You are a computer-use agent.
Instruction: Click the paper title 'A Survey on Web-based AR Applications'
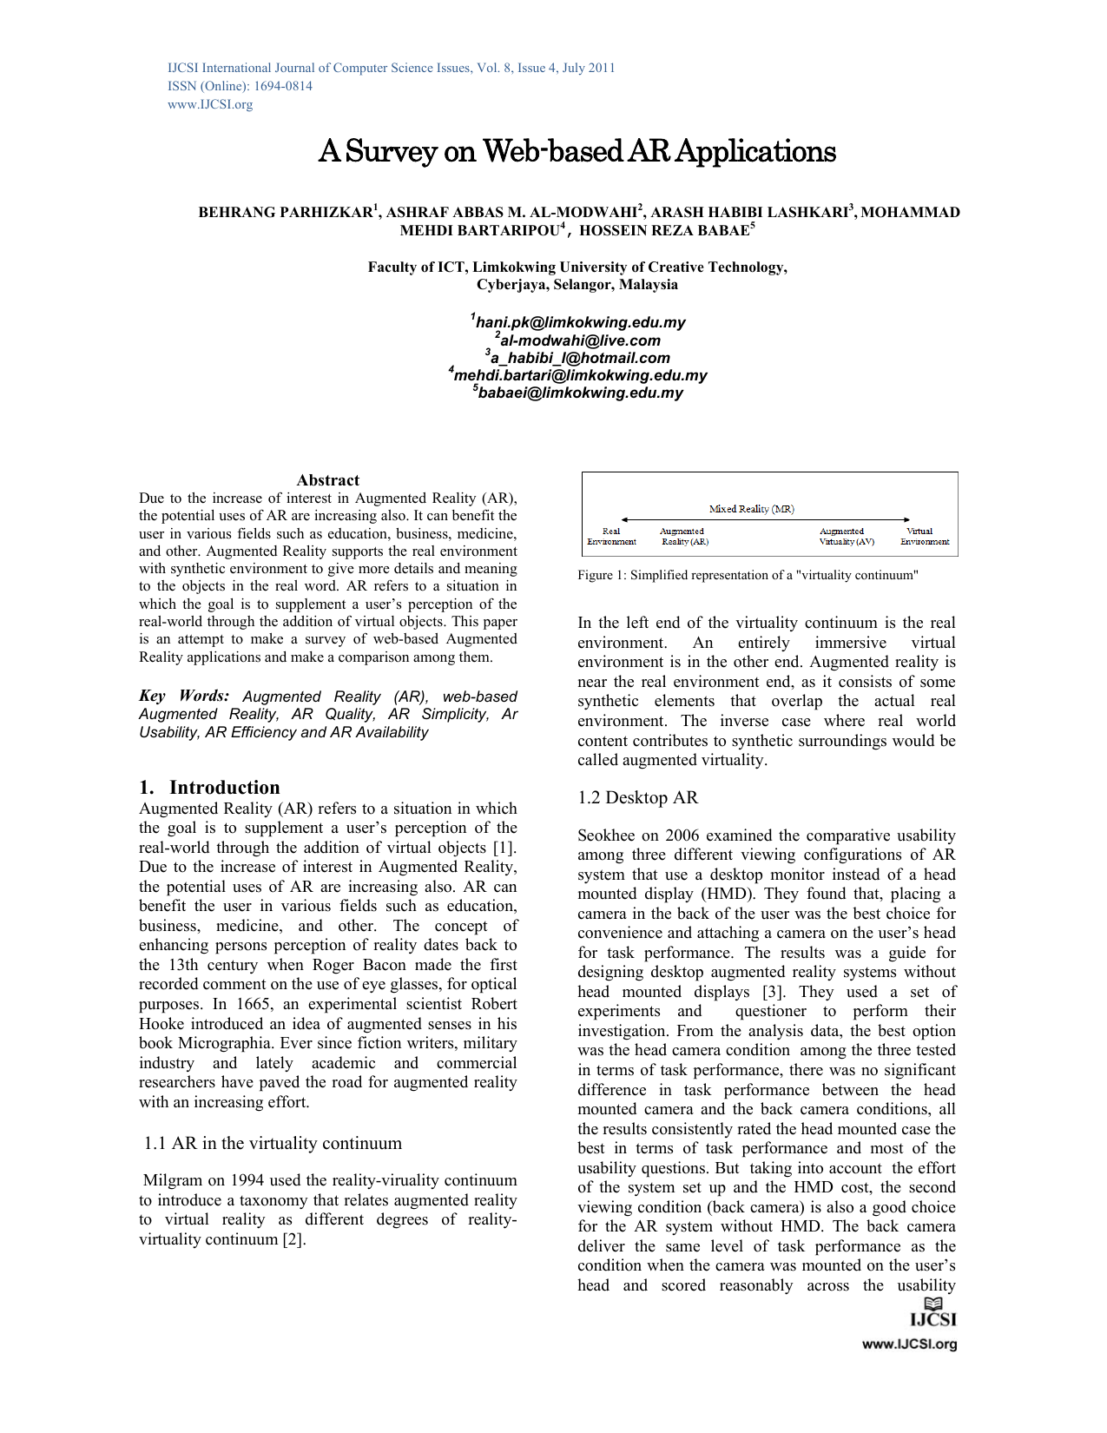point(577,151)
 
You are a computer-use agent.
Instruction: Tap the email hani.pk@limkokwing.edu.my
point(580,322)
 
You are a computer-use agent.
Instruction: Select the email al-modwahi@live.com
point(580,340)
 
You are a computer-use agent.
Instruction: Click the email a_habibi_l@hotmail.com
point(580,358)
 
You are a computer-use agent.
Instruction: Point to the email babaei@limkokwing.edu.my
point(580,393)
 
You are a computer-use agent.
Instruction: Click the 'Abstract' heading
point(327,480)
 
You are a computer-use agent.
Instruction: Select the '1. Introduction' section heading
point(209,787)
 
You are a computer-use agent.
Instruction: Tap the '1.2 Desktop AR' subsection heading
point(637,797)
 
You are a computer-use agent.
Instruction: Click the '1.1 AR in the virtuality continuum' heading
point(273,1143)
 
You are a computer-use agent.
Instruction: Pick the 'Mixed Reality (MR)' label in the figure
point(751,509)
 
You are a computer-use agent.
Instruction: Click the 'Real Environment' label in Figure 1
point(611,536)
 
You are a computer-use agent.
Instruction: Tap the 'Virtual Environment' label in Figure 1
point(924,536)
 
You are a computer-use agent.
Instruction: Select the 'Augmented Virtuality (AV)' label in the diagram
point(846,536)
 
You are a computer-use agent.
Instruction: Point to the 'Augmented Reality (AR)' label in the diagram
point(684,536)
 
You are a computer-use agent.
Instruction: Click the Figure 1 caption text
point(748,575)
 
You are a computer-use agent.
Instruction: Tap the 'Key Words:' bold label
point(184,696)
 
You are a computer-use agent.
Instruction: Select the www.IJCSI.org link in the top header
point(210,104)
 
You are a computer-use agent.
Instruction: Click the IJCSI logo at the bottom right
point(932,1313)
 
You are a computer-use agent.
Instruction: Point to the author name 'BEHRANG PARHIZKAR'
point(285,212)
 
